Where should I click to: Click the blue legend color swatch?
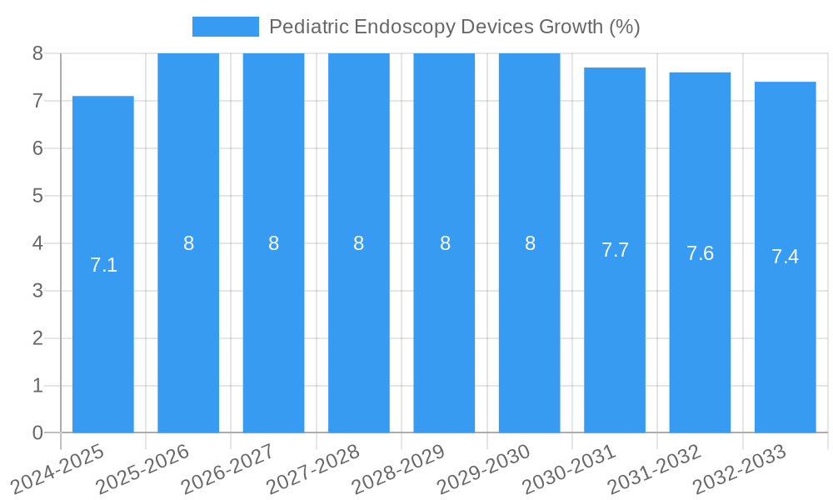tap(225, 27)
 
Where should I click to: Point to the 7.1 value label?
tap(103, 265)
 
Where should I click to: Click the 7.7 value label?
tap(615, 250)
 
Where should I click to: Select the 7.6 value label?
tap(700, 253)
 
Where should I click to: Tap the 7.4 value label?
tap(785, 257)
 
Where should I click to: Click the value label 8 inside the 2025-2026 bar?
tap(188, 243)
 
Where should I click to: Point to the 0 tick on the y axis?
tap(37, 432)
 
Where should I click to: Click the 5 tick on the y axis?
tap(37, 196)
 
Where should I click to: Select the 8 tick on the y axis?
tap(37, 53)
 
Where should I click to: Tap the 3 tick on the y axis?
tap(37, 291)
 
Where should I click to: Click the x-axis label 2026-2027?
tap(227, 468)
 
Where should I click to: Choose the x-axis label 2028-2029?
tap(398, 468)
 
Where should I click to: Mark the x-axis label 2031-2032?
tap(654, 468)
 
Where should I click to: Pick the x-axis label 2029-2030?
tap(483, 468)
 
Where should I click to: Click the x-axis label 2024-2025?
tap(57, 468)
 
